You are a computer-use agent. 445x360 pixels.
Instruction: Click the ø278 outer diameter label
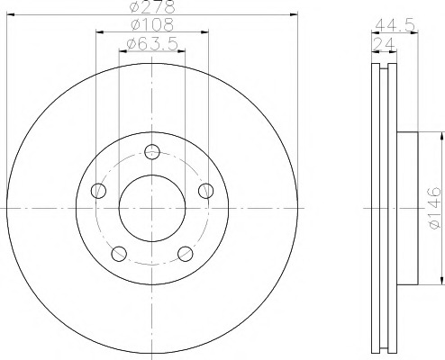[x=152, y=6]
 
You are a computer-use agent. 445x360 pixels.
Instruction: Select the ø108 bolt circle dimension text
[x=152, y=24]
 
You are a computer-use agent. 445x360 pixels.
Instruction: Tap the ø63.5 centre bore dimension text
[x=152, y=44]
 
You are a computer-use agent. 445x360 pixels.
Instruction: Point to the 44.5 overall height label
[x=395, y=25]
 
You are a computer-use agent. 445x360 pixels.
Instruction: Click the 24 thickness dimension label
[x=383, y=45]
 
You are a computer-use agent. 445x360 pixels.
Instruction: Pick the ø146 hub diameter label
[x=434, y=208]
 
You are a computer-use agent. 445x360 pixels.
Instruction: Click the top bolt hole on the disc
[x=152, y=152]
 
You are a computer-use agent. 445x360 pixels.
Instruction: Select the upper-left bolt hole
[x=98, y=191]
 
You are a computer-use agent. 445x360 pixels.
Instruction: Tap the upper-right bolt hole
[x=206, y=191]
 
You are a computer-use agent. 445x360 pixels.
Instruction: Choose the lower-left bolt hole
[x=119, y=254]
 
